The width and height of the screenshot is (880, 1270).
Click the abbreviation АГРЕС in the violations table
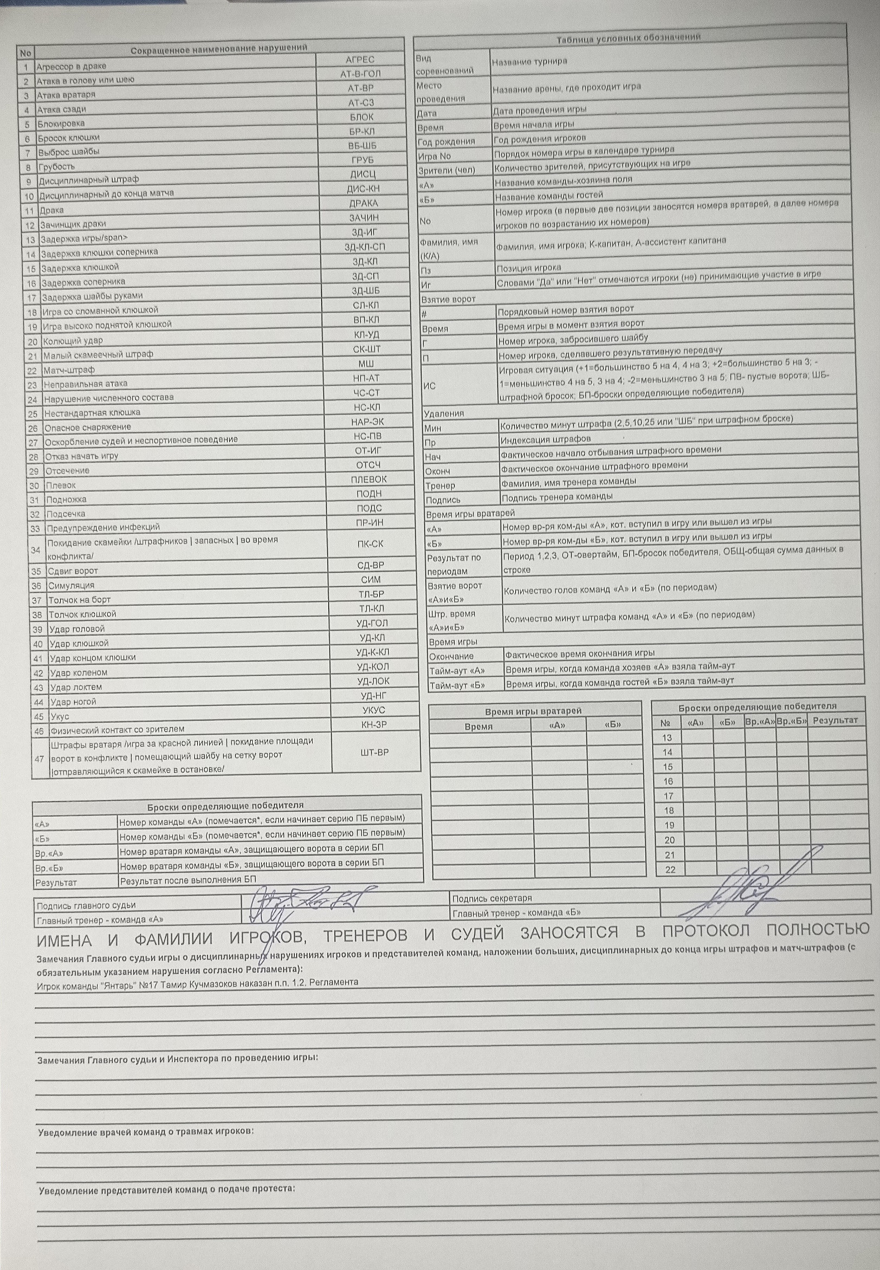click(359, 60)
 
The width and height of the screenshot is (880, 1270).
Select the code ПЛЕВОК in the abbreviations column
click(369, 480)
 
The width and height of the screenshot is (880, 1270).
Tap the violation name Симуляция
click(71, 585)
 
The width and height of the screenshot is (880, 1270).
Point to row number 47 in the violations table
click(38, 759)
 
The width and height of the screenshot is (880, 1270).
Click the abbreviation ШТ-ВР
click(374, 752)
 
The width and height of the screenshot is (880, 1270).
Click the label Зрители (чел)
click(446, 170)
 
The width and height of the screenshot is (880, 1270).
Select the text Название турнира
click(529, 62)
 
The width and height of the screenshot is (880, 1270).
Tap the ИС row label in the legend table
click(429, 386)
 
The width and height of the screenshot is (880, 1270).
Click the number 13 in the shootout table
click(667, 737)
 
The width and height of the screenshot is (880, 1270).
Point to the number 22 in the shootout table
click(670, 870)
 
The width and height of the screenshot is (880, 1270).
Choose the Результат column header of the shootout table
click(835, 721)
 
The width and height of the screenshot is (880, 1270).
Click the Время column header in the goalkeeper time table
click(478, 727)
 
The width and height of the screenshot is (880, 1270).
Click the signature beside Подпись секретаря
click(750, 896)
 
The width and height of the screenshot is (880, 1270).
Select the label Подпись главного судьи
click(86, 905)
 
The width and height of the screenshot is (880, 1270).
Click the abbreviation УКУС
click(373, 710)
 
